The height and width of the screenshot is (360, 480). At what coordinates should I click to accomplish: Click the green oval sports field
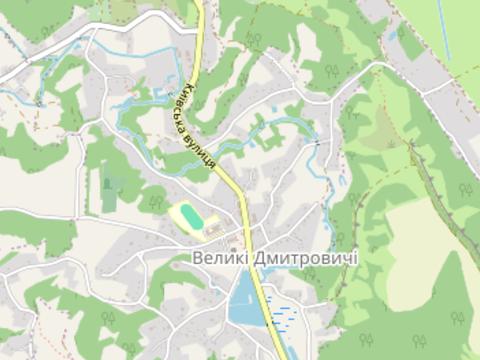point(187,215)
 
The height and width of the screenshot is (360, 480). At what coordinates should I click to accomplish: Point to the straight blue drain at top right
point(441,30)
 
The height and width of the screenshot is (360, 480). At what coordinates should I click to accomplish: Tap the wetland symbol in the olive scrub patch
point(384,120)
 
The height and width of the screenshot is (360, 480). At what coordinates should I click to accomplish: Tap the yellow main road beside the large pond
point(262,300)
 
